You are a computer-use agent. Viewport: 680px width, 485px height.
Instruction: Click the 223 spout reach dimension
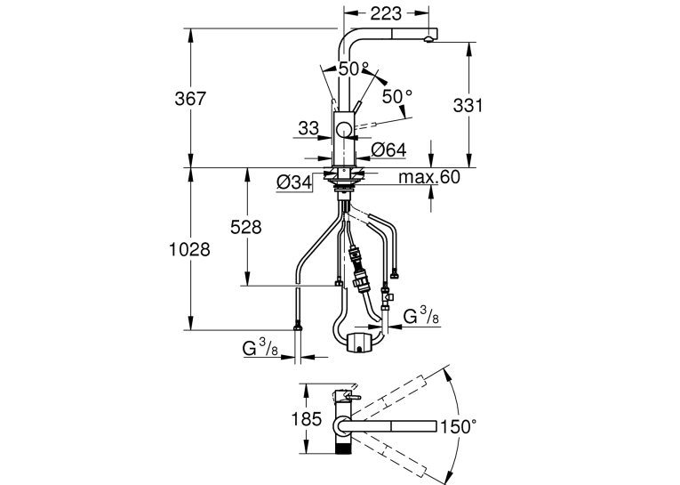tap(386, 13)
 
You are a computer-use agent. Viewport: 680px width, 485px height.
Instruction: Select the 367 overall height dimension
tap(190, 99)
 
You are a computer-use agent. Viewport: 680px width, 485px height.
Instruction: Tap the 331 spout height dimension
tap(468, 106)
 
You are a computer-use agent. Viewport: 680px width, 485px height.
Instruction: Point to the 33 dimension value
tap(308, 128)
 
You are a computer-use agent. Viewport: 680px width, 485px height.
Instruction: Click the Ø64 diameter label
tap(388, 150)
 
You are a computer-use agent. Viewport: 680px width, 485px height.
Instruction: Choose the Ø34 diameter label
tap(294, 182)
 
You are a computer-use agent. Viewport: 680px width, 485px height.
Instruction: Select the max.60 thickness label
tap(429, 177)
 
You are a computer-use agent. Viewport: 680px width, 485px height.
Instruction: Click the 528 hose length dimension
tap(246, 227)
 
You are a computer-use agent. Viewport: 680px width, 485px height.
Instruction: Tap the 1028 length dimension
tap(189, 250)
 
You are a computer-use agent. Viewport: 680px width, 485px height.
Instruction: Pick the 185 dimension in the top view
tap(306, 419)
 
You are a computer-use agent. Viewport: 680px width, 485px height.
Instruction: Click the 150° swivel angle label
tap(459, 426)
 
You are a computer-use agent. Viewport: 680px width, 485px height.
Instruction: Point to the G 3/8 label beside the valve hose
tap(420, 316)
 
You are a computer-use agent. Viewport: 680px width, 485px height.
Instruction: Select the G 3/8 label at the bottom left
tap(260, 348)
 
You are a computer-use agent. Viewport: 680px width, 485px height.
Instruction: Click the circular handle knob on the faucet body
tap(344, 130)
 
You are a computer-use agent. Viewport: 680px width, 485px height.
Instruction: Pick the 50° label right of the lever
tap(396, 96)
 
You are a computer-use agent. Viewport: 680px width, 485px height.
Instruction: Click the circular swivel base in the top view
tap(342, 426)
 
